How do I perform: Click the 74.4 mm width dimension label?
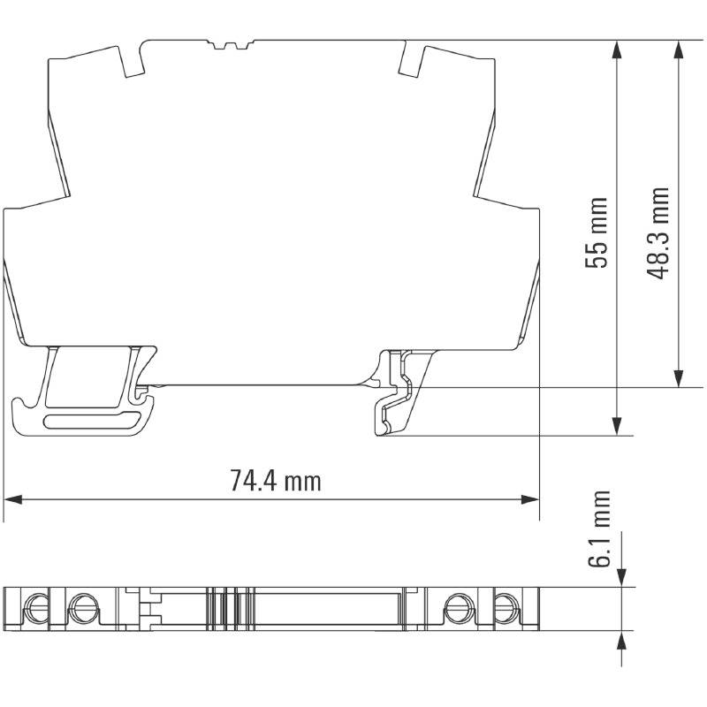[275, 482]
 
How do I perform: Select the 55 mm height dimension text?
[599, 232]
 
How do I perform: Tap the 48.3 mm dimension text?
[658, 232]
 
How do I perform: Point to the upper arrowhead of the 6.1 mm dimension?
[624, 578]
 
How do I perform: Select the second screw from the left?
[82, 608]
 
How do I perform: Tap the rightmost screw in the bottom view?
[506, 608]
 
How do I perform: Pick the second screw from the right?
[457, 608]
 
